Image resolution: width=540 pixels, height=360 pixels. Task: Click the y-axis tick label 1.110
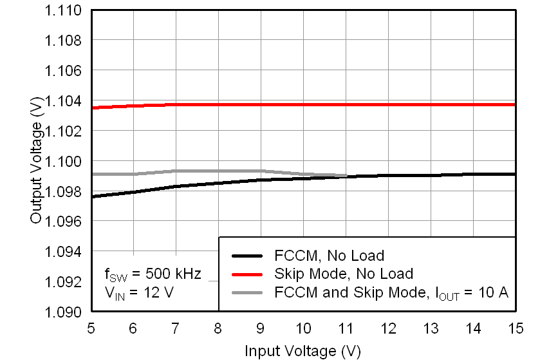pos(63,11)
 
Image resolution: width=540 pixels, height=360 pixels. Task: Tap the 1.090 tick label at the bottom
pos(63,312)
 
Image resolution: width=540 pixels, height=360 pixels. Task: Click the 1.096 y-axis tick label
pos(63,221)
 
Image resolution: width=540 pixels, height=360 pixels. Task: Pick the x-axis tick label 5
pos(91,328)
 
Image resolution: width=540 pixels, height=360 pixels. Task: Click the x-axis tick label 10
pos(303,328)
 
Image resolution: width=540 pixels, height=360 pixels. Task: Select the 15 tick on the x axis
pos(516,328)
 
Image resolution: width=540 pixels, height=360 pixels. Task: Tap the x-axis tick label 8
pos(218,328)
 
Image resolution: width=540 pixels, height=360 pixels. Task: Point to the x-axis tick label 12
pos(388,328)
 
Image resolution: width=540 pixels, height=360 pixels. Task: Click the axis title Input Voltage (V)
pos(303,351)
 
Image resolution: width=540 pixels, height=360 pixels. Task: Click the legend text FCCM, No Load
pos(329,256)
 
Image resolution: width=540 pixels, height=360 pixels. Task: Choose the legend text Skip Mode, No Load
pos(343,274)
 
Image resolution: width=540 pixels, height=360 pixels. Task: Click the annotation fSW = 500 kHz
pos(153,275)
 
